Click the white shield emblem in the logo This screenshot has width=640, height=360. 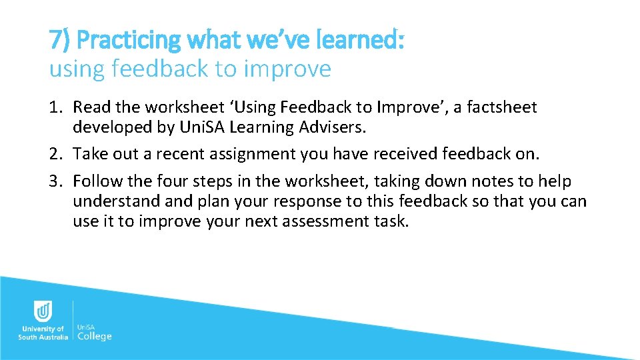tap(43, 311)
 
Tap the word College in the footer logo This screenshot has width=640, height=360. tap(95, 336)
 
